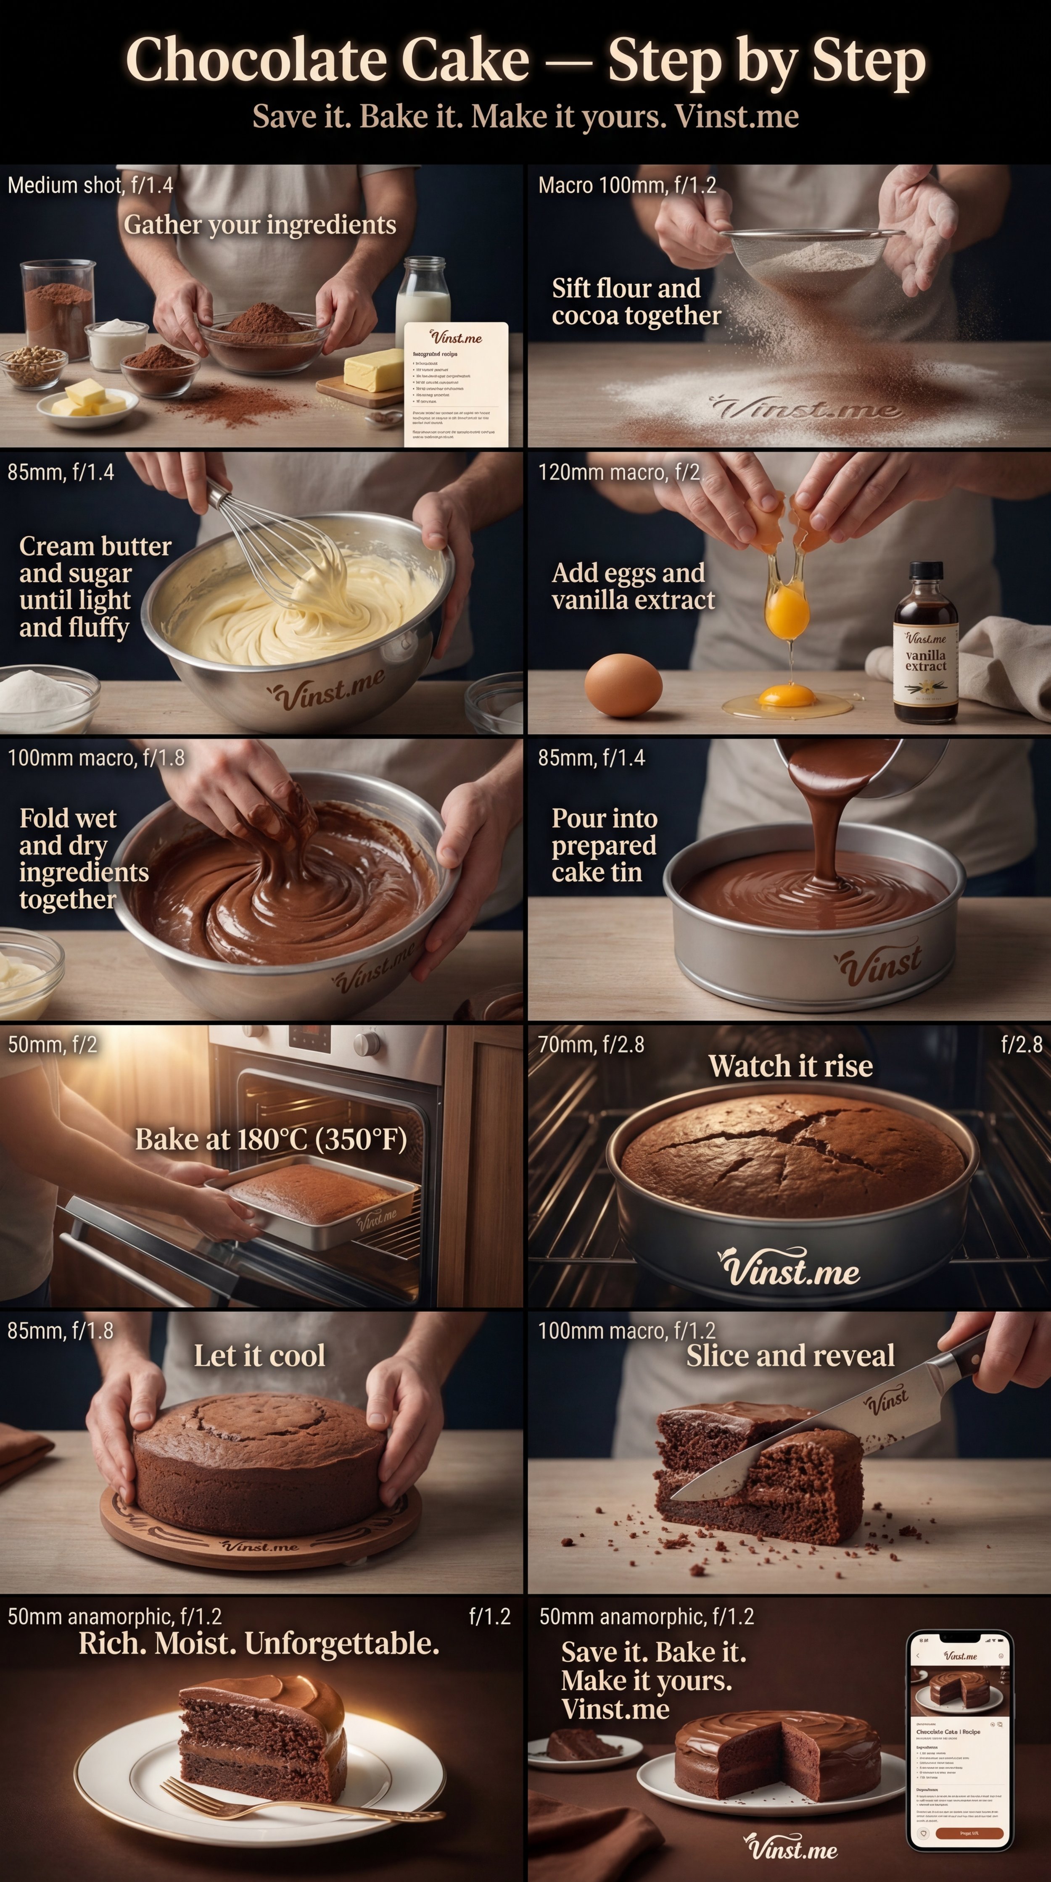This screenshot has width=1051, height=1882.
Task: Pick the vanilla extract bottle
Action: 925,647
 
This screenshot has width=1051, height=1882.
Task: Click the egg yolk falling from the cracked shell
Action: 787,614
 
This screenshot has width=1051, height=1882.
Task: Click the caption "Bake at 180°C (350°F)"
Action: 270,1140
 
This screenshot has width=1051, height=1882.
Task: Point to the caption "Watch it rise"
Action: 790,1066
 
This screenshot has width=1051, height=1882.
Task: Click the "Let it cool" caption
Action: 259,1355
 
